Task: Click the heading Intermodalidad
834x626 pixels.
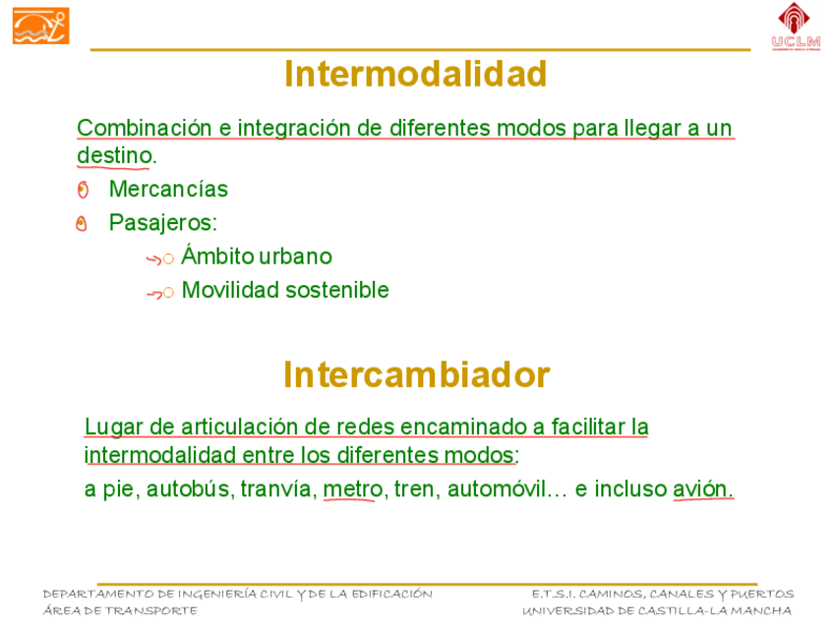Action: (415, 74)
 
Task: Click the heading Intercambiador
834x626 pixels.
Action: (416, 375)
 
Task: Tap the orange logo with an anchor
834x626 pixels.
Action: (41, 26)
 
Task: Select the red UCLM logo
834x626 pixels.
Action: (796, 27)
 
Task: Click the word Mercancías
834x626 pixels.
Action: (168, 190)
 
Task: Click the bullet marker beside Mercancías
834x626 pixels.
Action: (83, 190)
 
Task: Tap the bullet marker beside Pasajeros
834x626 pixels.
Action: (82, 224)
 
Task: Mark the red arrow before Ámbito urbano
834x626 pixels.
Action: (153, 259)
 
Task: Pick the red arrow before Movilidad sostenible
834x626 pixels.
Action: (154, 293)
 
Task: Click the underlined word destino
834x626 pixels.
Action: (114, 155)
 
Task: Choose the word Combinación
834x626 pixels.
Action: (145, 129)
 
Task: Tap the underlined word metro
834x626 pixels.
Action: (353, 488)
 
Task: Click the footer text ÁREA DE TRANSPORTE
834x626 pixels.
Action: (120, 610)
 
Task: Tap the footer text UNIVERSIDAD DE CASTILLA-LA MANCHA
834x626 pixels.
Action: (657, 610)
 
